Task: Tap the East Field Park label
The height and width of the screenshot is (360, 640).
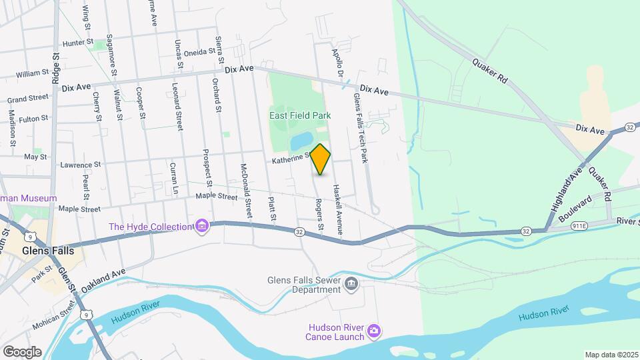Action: coord(300,115)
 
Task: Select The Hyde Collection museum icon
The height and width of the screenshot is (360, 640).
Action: coord(201,227)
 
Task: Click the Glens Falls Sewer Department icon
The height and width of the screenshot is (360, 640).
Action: coord(352,285)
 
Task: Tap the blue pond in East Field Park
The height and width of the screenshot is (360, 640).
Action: coord(301,140)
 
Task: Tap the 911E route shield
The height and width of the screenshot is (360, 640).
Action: coord(579,227)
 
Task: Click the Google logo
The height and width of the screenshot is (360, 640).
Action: coord(22,351)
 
